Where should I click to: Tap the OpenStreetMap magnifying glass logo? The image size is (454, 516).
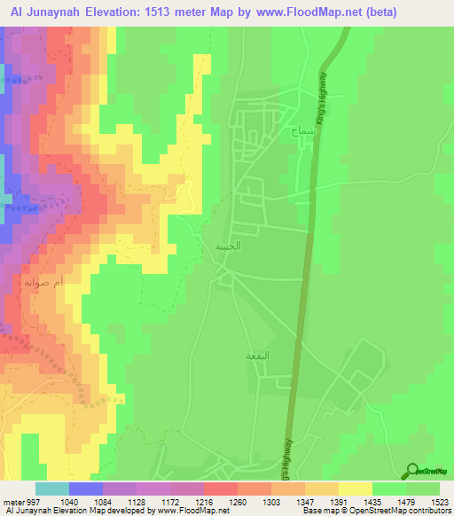pyautogui.click(x=412, y=470)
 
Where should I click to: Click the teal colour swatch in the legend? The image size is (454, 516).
pyautogui.click(x=51, y=489)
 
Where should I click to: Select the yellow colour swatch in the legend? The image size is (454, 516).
pyautogui.click(x=355, y=489)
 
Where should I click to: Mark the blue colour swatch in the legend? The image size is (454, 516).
pyautogui.click(x=85, y=489)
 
